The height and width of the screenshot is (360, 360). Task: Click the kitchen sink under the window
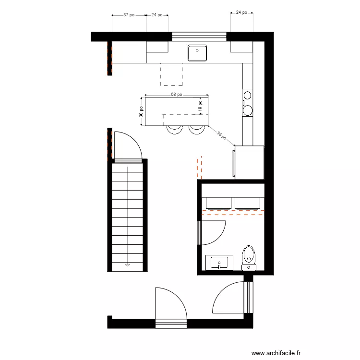coord(197,53)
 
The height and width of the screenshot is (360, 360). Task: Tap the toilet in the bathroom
coord(249,257)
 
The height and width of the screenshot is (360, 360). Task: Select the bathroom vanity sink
coord(219,263)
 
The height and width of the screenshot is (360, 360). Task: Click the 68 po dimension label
coord(176,95)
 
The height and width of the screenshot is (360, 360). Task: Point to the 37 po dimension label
coord(129,15)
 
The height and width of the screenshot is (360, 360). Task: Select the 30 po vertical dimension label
coord(141,112)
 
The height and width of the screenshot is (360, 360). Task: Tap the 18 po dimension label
coord(200,105)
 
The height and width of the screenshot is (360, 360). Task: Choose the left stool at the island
coord(174,129)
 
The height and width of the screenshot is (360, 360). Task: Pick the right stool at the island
coord(196,129)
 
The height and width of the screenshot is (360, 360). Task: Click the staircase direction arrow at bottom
coord(128,264)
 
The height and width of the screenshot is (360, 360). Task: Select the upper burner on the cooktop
coord(248,95)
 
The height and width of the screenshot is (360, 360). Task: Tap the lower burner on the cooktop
coord(248,110)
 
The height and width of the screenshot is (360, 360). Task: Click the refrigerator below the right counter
coord(249,162)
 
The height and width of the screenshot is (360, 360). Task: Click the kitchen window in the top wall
coord(199,36)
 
